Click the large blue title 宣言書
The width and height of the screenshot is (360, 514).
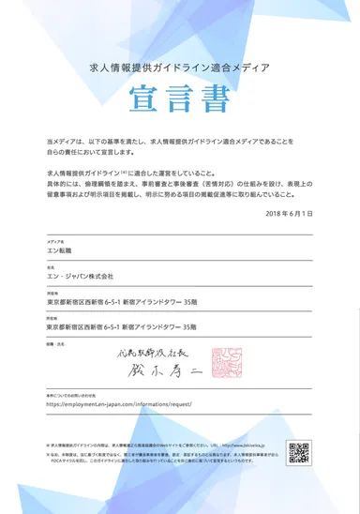coord(179,98)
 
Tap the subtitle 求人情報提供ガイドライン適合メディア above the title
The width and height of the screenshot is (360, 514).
coord(179,68)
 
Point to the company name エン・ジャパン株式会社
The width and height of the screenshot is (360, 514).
coord(80,277)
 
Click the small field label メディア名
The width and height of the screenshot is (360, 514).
coord(54,241)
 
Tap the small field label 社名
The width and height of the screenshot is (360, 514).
coord(50,266)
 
